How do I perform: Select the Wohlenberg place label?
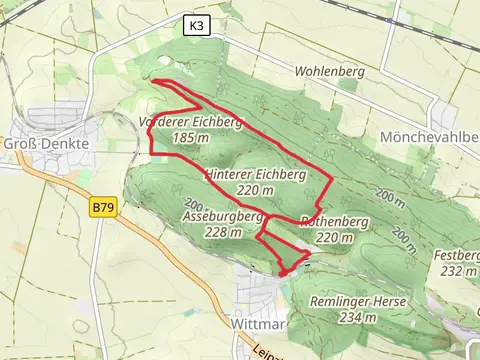pyautogui.click(x=329, y=72)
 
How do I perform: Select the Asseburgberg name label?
pyautogui.click(x=223, y=216)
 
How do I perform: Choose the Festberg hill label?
pyautogui.click(x=459, y=255)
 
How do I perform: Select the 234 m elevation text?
pyautogui.click(x=357, y=318)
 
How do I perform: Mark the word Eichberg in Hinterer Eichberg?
pyautogui.click(x=277, y=174)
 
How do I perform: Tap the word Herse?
pyautogui.click(x=358, y=302)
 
